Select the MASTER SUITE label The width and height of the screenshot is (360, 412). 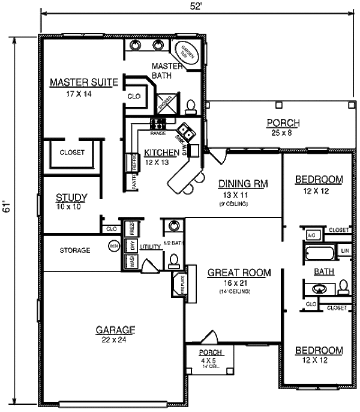[83, 82]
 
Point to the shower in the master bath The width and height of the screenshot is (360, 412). [166, 103]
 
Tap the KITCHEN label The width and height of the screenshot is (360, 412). [161, 153]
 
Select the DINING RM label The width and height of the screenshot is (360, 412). [242, 184]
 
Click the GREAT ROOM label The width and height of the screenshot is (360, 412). [239, 273]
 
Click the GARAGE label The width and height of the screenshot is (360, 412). [115, 330]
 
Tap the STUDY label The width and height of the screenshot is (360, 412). [71, 197]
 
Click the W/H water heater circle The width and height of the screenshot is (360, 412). [114, 246]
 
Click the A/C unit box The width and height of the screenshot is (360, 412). [311, 234]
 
